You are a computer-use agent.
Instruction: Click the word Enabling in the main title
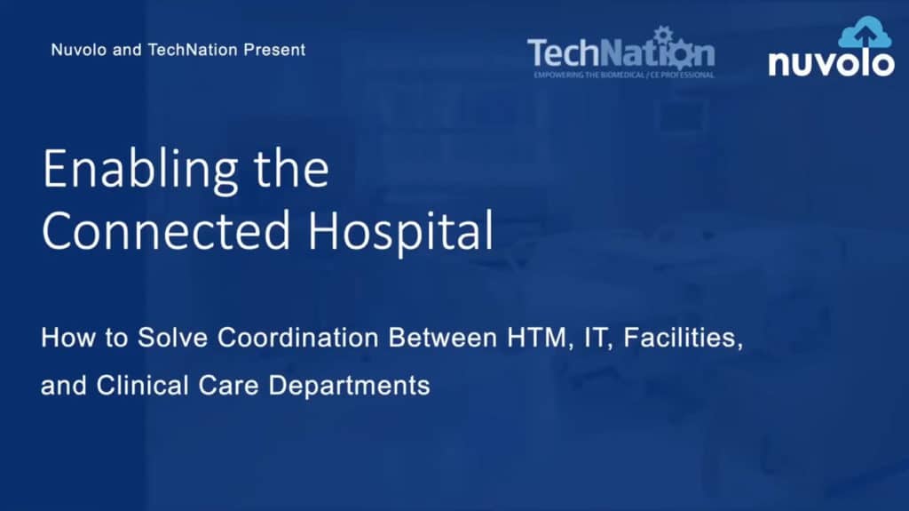[139, 170]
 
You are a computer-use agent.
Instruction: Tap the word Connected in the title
[166, 230]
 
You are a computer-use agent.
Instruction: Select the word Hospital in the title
[400, 232]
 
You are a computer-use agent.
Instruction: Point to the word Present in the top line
[274, 50]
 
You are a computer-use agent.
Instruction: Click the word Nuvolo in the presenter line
[79, 50]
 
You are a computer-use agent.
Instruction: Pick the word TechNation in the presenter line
[193, 50]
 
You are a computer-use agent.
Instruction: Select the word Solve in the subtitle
[172, 338]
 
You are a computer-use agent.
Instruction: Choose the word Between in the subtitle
[443, 338]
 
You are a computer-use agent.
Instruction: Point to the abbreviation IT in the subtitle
[597, 338]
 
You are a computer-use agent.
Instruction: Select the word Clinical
[143, 386]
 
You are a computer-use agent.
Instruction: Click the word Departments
[349, 387]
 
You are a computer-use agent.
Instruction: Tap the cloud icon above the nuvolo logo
[865, 34]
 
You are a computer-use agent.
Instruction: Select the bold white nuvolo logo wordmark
[831, 63]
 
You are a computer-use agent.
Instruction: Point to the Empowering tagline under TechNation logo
[624, 75]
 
